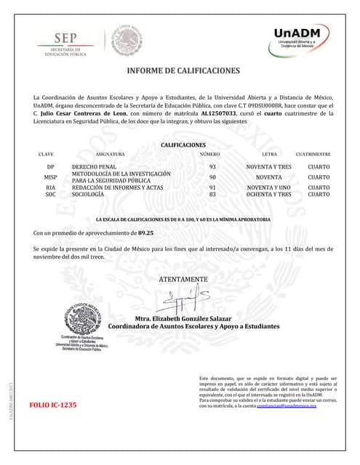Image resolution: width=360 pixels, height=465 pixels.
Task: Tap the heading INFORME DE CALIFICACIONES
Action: [183, 71]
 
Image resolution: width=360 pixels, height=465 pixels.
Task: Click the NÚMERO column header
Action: [209, 155]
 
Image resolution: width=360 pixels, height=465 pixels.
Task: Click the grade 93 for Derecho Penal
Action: [212, 166]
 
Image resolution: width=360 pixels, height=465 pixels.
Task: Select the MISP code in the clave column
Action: [50, 177]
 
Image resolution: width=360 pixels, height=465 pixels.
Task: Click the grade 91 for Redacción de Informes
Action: [212, 187]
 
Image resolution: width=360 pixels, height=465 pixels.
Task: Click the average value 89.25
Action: [146, 233]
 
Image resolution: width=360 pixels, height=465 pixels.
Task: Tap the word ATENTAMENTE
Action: [183, 279]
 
